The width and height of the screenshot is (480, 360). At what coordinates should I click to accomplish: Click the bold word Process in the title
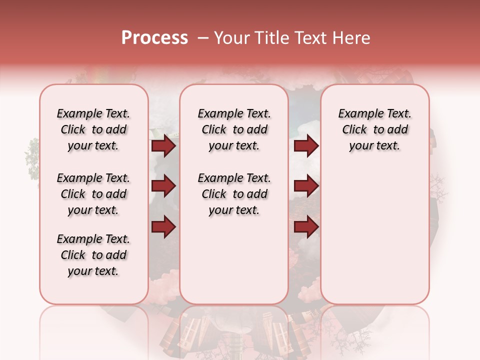154,38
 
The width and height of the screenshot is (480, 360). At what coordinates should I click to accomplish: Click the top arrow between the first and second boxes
163,146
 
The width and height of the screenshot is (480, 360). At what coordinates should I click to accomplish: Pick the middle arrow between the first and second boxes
163,186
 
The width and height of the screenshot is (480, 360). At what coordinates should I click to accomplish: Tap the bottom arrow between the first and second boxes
163,226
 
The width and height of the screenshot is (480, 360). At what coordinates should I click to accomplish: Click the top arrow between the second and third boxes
306,146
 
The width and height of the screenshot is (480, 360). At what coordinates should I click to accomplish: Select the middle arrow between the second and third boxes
306,186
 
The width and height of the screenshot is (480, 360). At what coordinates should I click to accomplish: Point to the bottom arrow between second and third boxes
306,226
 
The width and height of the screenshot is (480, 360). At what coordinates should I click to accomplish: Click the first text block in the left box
93,129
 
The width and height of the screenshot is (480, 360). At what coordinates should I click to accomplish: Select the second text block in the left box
93,194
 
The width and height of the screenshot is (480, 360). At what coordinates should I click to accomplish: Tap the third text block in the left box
93,255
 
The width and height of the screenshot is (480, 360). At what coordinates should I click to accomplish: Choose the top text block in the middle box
234,129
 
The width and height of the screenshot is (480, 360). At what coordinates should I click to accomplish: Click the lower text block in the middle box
234,194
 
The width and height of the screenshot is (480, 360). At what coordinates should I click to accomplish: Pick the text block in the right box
375,129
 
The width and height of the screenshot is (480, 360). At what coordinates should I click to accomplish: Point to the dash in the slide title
202,38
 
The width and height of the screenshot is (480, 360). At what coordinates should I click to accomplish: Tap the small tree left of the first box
32,157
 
